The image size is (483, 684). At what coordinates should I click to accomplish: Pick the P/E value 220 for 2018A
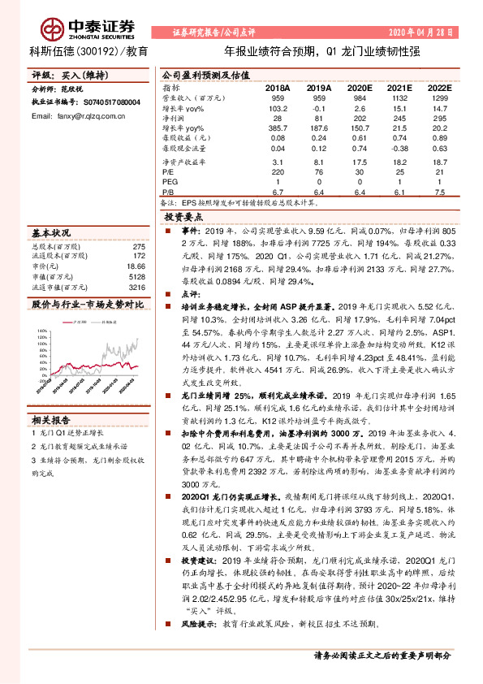pyautogui.click(x=278, y=172)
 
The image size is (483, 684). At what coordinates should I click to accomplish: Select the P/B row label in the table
pyautogui.click(x=170, y=193)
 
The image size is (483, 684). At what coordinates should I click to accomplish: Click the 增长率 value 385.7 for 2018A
pyautogui.click(x=278, y=128)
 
